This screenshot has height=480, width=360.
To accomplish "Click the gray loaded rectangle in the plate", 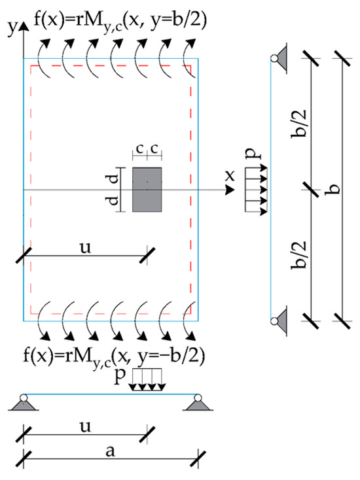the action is pos(147,190).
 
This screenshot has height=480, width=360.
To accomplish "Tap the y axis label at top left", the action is pos(12,28).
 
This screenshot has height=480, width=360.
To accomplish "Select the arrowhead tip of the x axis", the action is pos(235,190).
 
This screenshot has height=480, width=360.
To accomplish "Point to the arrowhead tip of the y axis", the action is pos(24,22).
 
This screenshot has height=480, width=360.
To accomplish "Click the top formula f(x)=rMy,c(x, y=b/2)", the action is pos(120,22).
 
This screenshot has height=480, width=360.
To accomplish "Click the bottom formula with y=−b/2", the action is pos(114,357).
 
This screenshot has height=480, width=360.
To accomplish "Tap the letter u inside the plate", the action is pos(85,248).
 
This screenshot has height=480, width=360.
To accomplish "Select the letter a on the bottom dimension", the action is pos(110,452).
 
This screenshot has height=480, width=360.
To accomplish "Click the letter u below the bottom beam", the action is pos(85,427).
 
